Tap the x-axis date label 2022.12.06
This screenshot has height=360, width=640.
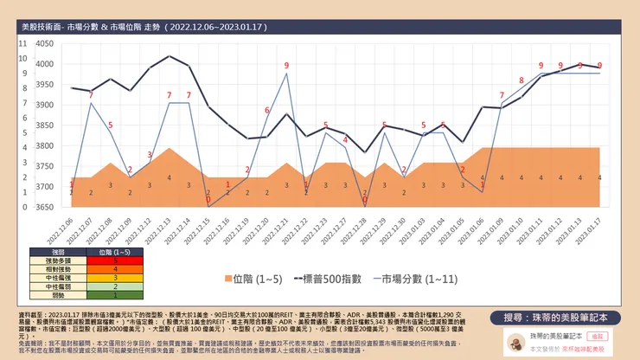62,230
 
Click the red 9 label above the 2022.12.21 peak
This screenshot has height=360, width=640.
286,66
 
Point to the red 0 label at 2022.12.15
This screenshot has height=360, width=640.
208,200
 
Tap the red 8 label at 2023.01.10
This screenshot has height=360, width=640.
521,80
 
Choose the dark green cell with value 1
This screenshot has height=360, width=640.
103,294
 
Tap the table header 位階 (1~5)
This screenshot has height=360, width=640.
103,251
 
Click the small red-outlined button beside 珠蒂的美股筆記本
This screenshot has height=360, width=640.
596,333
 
